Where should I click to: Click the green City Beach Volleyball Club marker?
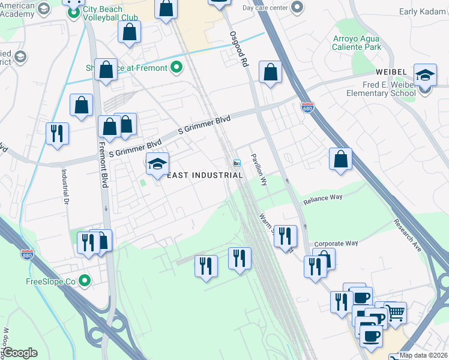tap(74, 13)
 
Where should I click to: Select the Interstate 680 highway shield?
tap(306, 107)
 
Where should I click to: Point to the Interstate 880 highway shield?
tap(26, 254)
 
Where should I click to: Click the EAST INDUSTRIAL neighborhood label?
tap(205, 175)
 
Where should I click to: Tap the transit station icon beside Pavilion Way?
tap(237, 163)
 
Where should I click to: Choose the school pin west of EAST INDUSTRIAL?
tap(157, 164)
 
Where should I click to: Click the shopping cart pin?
tap(395, 312)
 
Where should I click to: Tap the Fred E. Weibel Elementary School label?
tap(381, 89)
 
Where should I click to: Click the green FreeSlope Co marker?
tap(85, 280)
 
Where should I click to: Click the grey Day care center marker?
tap(297, 8)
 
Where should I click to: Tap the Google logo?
tap(20, 352)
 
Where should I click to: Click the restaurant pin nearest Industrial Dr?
tap(58, 133)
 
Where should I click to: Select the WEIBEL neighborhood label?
tap(393, 72)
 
